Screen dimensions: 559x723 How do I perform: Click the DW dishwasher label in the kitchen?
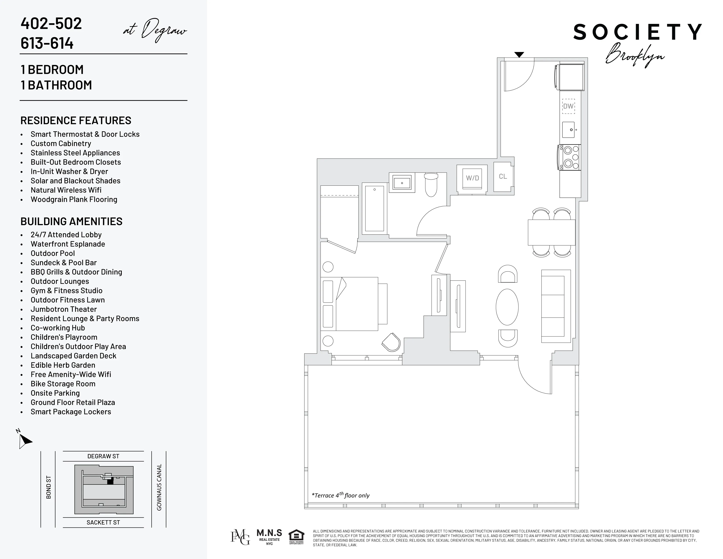(x=568, y=106)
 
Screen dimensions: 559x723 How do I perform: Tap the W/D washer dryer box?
(x=472, y=178)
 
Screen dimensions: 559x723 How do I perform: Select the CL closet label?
(x=503, y=176)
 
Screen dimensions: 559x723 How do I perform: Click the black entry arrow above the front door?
(x=519, y=55)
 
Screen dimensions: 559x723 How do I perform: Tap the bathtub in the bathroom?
(x=374, y=209)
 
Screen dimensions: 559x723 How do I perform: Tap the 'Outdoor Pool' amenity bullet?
(x=53, y=253)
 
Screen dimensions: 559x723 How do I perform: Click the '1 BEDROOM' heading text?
(x=52, y=70)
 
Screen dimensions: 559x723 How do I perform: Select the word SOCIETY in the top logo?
(x=637, y=32)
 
